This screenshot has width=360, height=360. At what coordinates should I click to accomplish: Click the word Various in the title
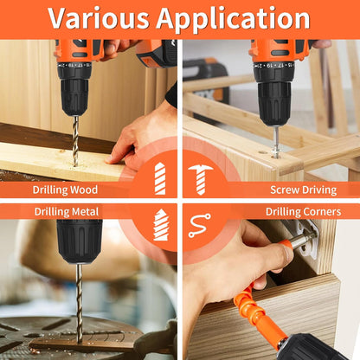point(98,18)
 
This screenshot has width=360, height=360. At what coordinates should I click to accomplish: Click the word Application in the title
point(233,19)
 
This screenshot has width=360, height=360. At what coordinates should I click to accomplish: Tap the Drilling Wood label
point(65,190)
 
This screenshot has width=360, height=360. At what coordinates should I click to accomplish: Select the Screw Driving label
point(304,190)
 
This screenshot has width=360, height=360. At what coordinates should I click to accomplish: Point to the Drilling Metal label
point(67,212)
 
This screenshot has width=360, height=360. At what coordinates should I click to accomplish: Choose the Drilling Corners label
point(303,212)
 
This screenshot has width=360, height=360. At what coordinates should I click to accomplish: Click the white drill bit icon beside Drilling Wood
point(160,178)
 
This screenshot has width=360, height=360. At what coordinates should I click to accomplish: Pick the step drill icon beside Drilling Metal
point(161,225)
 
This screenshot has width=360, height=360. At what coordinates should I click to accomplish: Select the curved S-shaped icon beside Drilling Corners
point(200,226)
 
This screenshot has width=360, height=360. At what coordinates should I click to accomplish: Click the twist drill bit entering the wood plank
point(75,141)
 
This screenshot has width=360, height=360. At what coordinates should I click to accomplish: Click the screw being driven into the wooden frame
point(276,142)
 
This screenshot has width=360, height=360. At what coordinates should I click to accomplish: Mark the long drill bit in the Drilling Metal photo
point(80,304)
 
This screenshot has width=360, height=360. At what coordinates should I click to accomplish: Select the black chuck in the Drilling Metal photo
point(80,241)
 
